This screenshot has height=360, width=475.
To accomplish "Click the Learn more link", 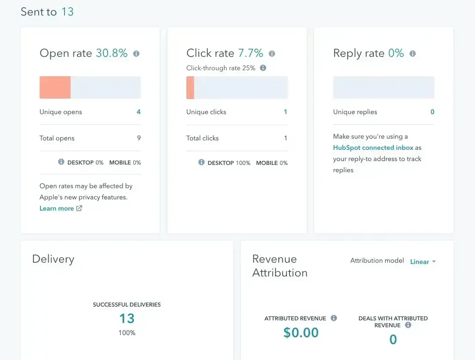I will pyautogui.click(x=57, y=208).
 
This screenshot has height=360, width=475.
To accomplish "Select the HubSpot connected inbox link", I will pyautogui.click(x=373, y=148).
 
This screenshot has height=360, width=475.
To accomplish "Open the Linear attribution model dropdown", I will pyautogui.click(x=423, y=262).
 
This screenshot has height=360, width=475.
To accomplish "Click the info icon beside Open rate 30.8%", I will pyautogui.click(x=136, y=54).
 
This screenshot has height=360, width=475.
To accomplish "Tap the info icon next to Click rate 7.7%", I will pyautogui.click(x=272, y=54).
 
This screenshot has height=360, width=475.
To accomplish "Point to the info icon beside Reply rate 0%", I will pyautogui.click(x=413, y=54).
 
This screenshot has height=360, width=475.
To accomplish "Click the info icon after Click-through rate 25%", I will pyautogui.click(x=263, y=68).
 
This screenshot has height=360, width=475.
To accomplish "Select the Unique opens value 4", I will pyautogui.click(x=139, y=112).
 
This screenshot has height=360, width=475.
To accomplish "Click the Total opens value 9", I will pyautogui.click(x=139, y=138).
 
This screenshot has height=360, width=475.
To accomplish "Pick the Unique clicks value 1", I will pyautogui.click(x=285, y=112).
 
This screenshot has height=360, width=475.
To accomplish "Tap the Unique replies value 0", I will pyautogui.click(x=432, y=112).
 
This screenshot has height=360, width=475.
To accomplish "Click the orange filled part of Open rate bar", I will pyautogui.click(x=55, y=87).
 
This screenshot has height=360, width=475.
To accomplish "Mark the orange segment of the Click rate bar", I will pyautogui.click(x=190, y=87).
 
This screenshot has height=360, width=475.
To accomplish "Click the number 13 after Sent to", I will pyautogui.click(x=67, y=12).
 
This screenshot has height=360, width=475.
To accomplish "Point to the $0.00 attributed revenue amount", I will pyautogui.click(x=301, y=332).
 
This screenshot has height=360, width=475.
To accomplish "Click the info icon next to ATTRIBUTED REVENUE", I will pyautogui.click(x=333, y=318).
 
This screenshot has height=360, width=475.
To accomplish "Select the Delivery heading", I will pyautogui.click(x=53, y=259).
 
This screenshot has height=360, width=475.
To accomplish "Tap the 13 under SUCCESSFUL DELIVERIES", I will pyautogui.click(x=127, y=319).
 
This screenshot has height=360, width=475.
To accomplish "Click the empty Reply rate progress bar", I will pyautogui.click(x=383, y=87).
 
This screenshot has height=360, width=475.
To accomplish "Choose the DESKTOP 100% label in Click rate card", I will pyautogui.click(x=228, y=163).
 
